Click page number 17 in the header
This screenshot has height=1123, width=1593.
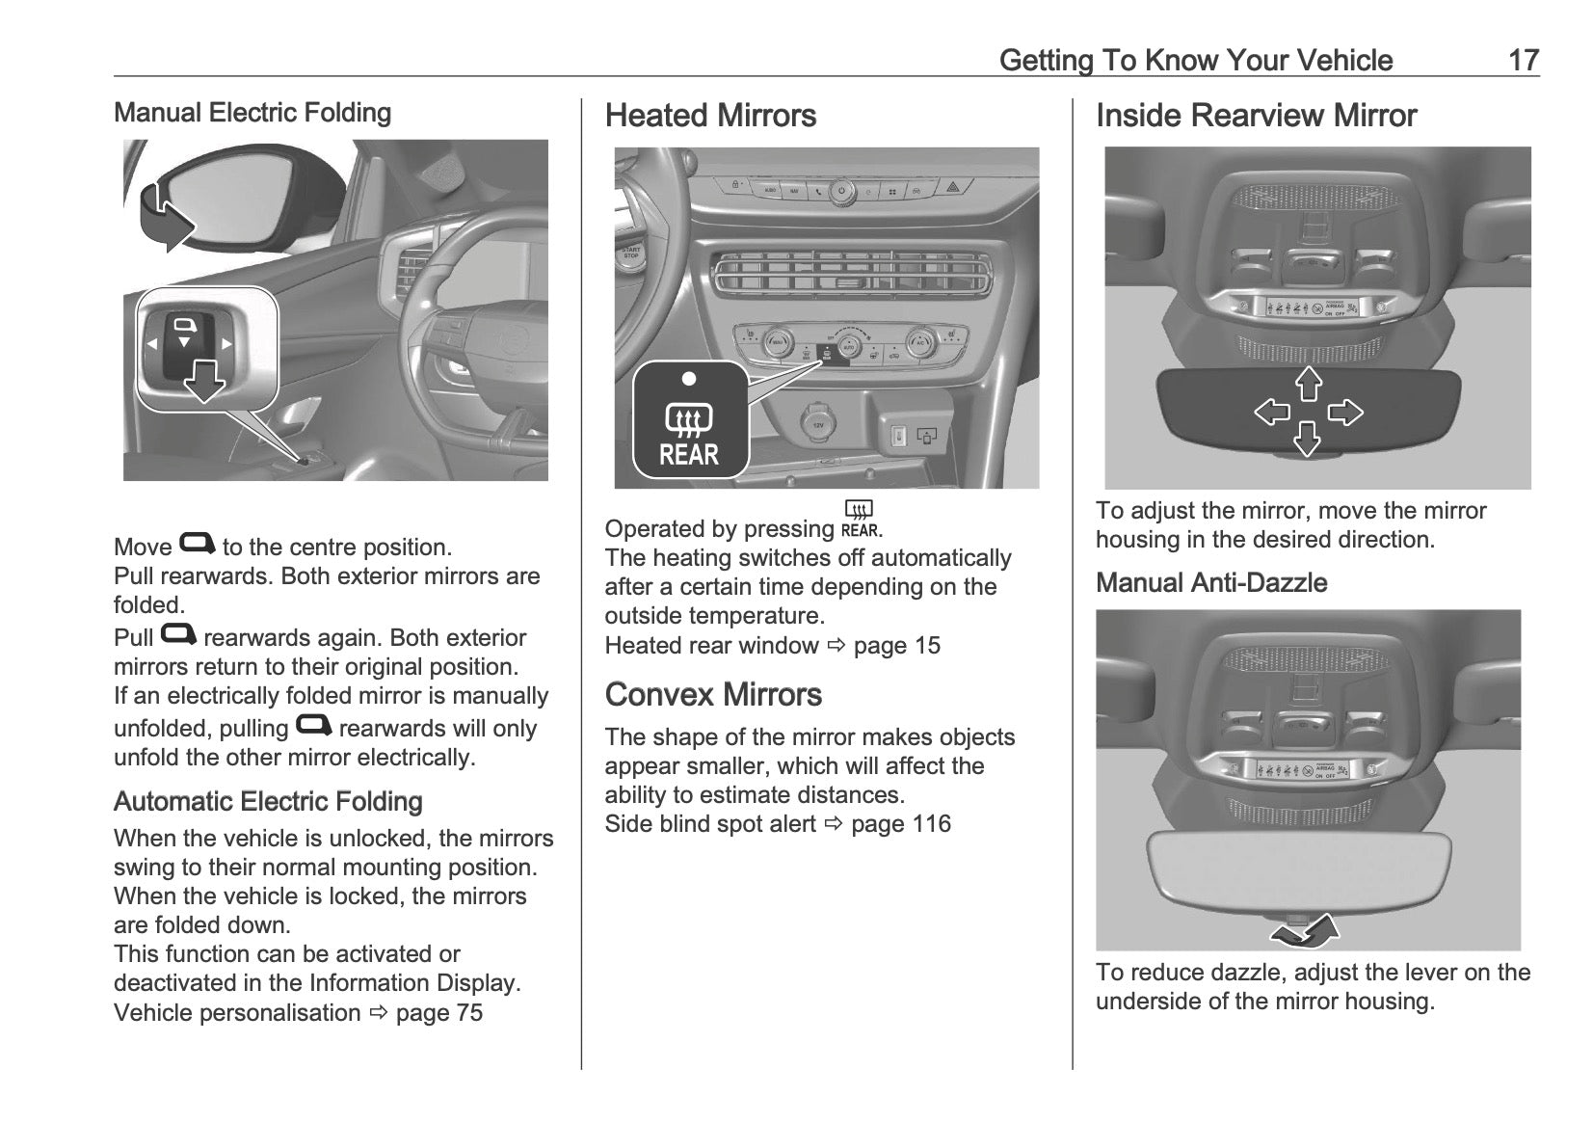point(1523,60)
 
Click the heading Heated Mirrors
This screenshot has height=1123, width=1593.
point(710,116)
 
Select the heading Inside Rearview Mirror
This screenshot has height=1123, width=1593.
point(1256,116)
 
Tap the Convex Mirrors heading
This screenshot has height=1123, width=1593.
point(713,695)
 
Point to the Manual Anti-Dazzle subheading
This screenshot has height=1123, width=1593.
point(1211,583)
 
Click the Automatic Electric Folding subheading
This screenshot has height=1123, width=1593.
point(268,802)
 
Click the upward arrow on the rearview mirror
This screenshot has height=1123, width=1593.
point(1308,383)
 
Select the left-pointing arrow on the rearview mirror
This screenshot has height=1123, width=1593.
point(1272,413)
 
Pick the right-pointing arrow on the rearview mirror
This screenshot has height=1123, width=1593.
point(1345,413)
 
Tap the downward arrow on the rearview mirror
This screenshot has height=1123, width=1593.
point(1307,440)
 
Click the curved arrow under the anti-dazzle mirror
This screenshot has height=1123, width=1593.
point(1304,931)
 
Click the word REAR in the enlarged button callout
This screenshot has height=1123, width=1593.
point(689,455)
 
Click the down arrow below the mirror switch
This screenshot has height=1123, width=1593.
point(204,382)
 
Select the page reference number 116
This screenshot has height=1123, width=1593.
point(930,824)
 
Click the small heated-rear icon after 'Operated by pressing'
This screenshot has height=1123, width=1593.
point(859,519)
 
